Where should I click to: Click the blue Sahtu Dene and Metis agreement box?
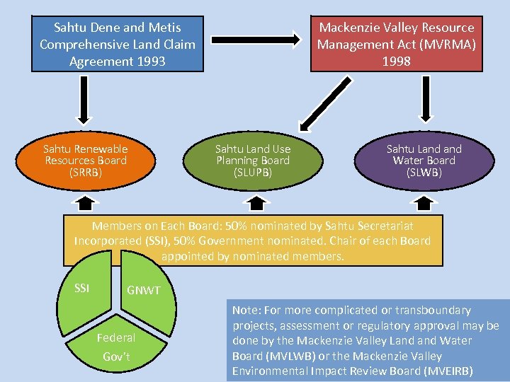117,45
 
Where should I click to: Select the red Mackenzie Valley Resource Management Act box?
396,45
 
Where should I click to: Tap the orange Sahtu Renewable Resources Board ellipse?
85,161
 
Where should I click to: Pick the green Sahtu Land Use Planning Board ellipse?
253,161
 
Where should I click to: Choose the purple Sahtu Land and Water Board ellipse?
424,161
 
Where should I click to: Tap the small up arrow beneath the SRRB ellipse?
85,204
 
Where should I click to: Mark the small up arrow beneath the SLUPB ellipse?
254,204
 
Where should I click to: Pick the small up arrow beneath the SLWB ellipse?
424,204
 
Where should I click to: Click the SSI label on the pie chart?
83,287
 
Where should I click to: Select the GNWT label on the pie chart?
144,291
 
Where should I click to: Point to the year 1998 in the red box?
396,62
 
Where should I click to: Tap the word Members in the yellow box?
115,226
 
